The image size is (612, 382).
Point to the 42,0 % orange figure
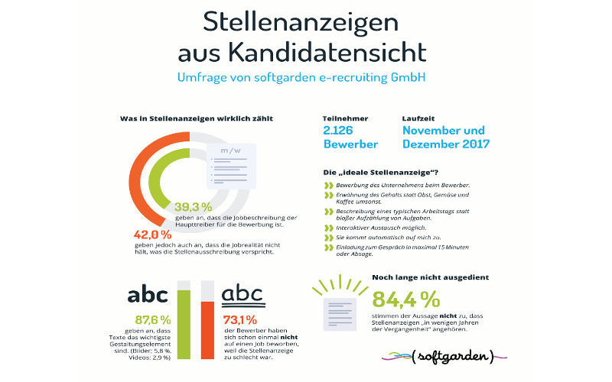(x=152, y=235)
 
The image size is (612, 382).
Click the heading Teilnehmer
(x=346, y=118)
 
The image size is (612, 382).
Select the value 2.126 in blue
(x=341, y=131)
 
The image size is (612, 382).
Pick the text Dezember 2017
(x=448, y=144)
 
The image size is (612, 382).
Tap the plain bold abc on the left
(x=151, y=294)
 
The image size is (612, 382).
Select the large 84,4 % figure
(x=405, y=299)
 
